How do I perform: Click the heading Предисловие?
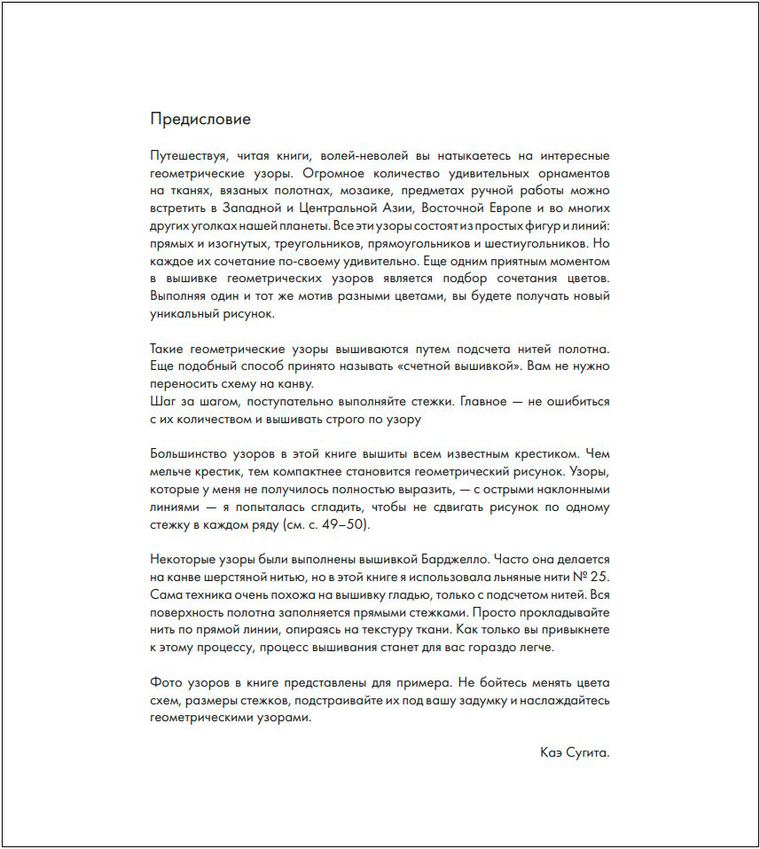(x=200, y=119)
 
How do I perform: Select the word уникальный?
(x=184, y=312)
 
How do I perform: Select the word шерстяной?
(x=238, y=576)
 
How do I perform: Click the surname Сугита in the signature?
(x=588, y=752)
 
